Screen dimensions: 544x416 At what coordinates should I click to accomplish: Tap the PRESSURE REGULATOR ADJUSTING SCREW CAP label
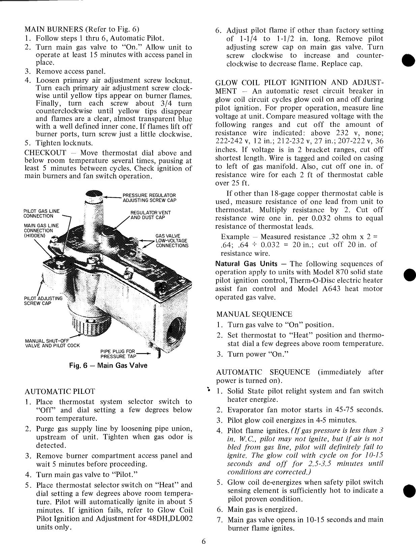tap(149, 198)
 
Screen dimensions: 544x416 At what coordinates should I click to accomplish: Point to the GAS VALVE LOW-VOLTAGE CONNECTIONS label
tap(172, 240)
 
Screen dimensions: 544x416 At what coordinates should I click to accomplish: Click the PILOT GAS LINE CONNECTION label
tap(41, 213)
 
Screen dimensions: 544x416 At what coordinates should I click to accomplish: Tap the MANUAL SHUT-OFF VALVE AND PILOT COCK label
tap(53, 343)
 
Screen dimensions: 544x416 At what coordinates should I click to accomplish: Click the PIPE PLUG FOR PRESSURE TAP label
tap(118, 354)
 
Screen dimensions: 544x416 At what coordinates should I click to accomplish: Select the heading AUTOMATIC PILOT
tap(60, 391)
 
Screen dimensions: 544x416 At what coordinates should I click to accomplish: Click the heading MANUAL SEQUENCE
tap(254, 314)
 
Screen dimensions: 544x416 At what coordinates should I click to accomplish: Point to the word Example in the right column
tap(235, 237)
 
